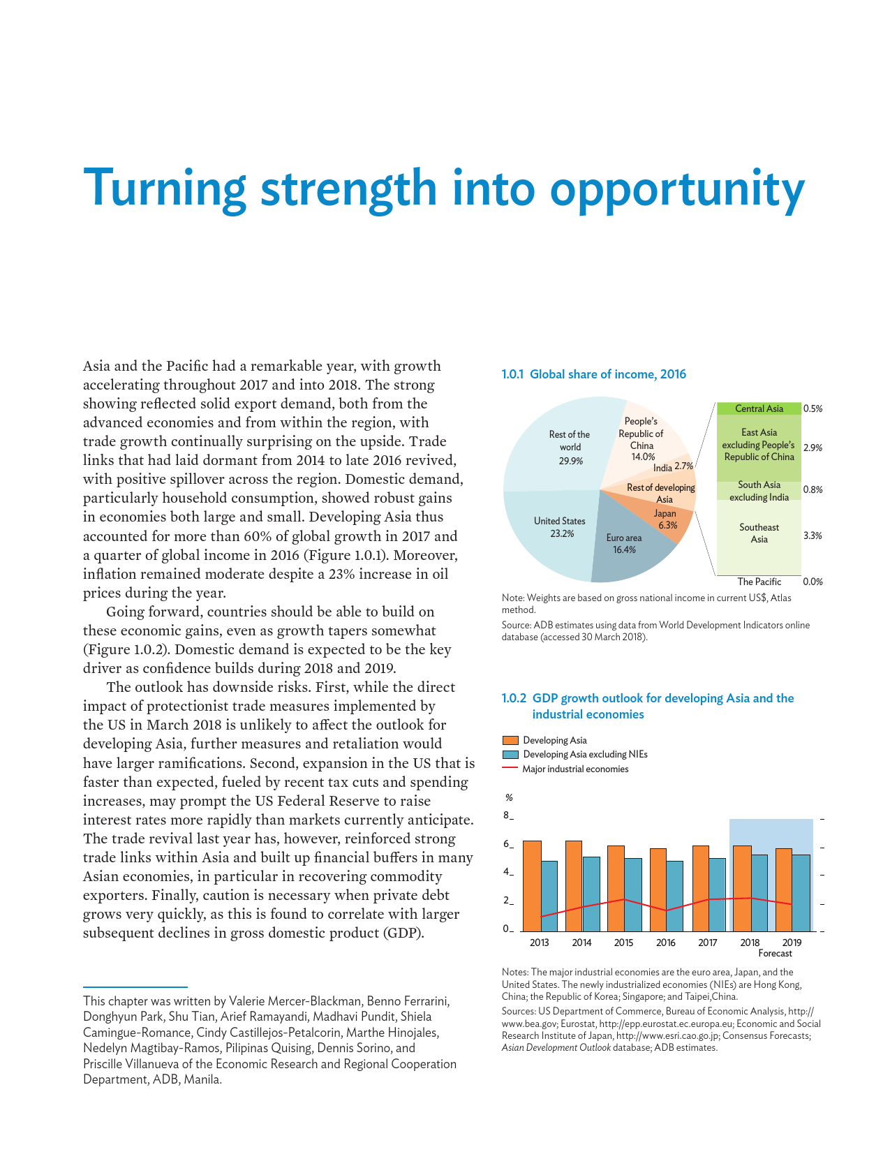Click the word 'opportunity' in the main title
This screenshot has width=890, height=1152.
(x=676, y=189)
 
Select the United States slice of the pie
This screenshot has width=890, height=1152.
(x=551, y=531)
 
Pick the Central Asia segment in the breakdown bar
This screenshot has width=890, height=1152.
(x=759, y=408)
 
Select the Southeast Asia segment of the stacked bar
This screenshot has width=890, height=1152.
(x=759, y=533)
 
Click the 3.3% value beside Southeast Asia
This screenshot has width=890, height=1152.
(x=813, y=536)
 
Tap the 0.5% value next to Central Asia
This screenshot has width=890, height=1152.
(x=813, y=408)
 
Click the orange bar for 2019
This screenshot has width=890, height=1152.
(x=784, y=889)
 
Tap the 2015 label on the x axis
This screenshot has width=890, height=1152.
(x=623, y=943)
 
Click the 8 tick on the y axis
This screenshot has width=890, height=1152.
(x=506, y=815)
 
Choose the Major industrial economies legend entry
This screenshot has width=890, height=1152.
(x=575, y=769)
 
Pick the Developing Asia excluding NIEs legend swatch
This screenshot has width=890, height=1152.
(x=510, y=755)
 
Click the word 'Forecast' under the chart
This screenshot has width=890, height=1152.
(x=775, y=954)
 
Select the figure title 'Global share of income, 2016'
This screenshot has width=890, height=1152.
(x=607, y=374)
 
